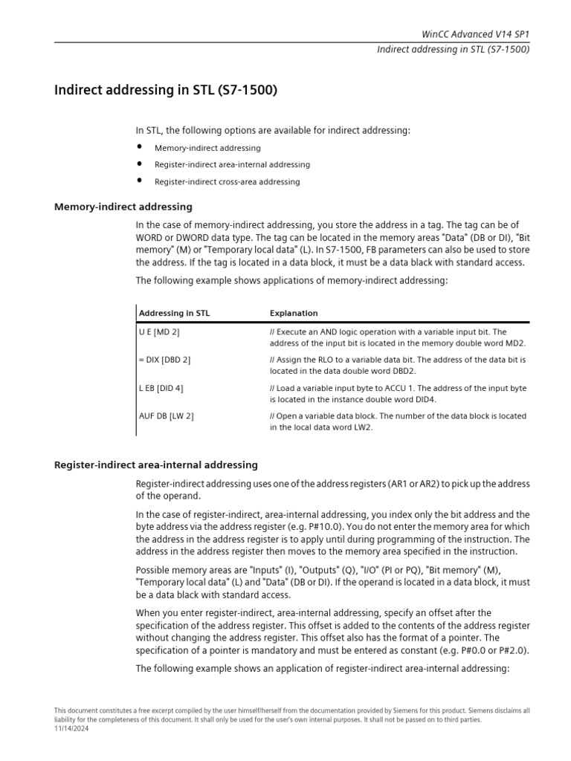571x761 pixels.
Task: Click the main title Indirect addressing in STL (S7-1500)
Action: (x=166, y=91)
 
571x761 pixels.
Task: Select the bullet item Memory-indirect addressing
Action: (x=207, y=148)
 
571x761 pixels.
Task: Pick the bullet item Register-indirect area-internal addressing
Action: (x=232, y=164)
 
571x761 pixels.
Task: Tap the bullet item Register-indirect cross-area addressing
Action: (x=227, y=181)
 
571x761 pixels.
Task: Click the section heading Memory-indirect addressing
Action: (x=123, y=207)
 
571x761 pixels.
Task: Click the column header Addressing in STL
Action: (x=174, y=313)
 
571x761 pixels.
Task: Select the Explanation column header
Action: (x=294, y=313)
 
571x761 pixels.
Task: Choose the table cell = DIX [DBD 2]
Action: (x=164, y=360)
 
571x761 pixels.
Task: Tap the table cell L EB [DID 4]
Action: (x=161, y=388)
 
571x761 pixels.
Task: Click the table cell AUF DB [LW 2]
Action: (x=167, y=416)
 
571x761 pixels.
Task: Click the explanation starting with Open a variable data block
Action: (x=398, y=421)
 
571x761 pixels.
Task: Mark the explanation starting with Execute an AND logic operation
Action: (x=398, y=337)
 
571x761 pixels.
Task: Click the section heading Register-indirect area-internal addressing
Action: (x=156, y=464)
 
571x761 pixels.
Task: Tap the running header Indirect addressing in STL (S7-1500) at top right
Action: (x=454, y=50)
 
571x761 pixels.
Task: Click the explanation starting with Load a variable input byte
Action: (x=398, y=393)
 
